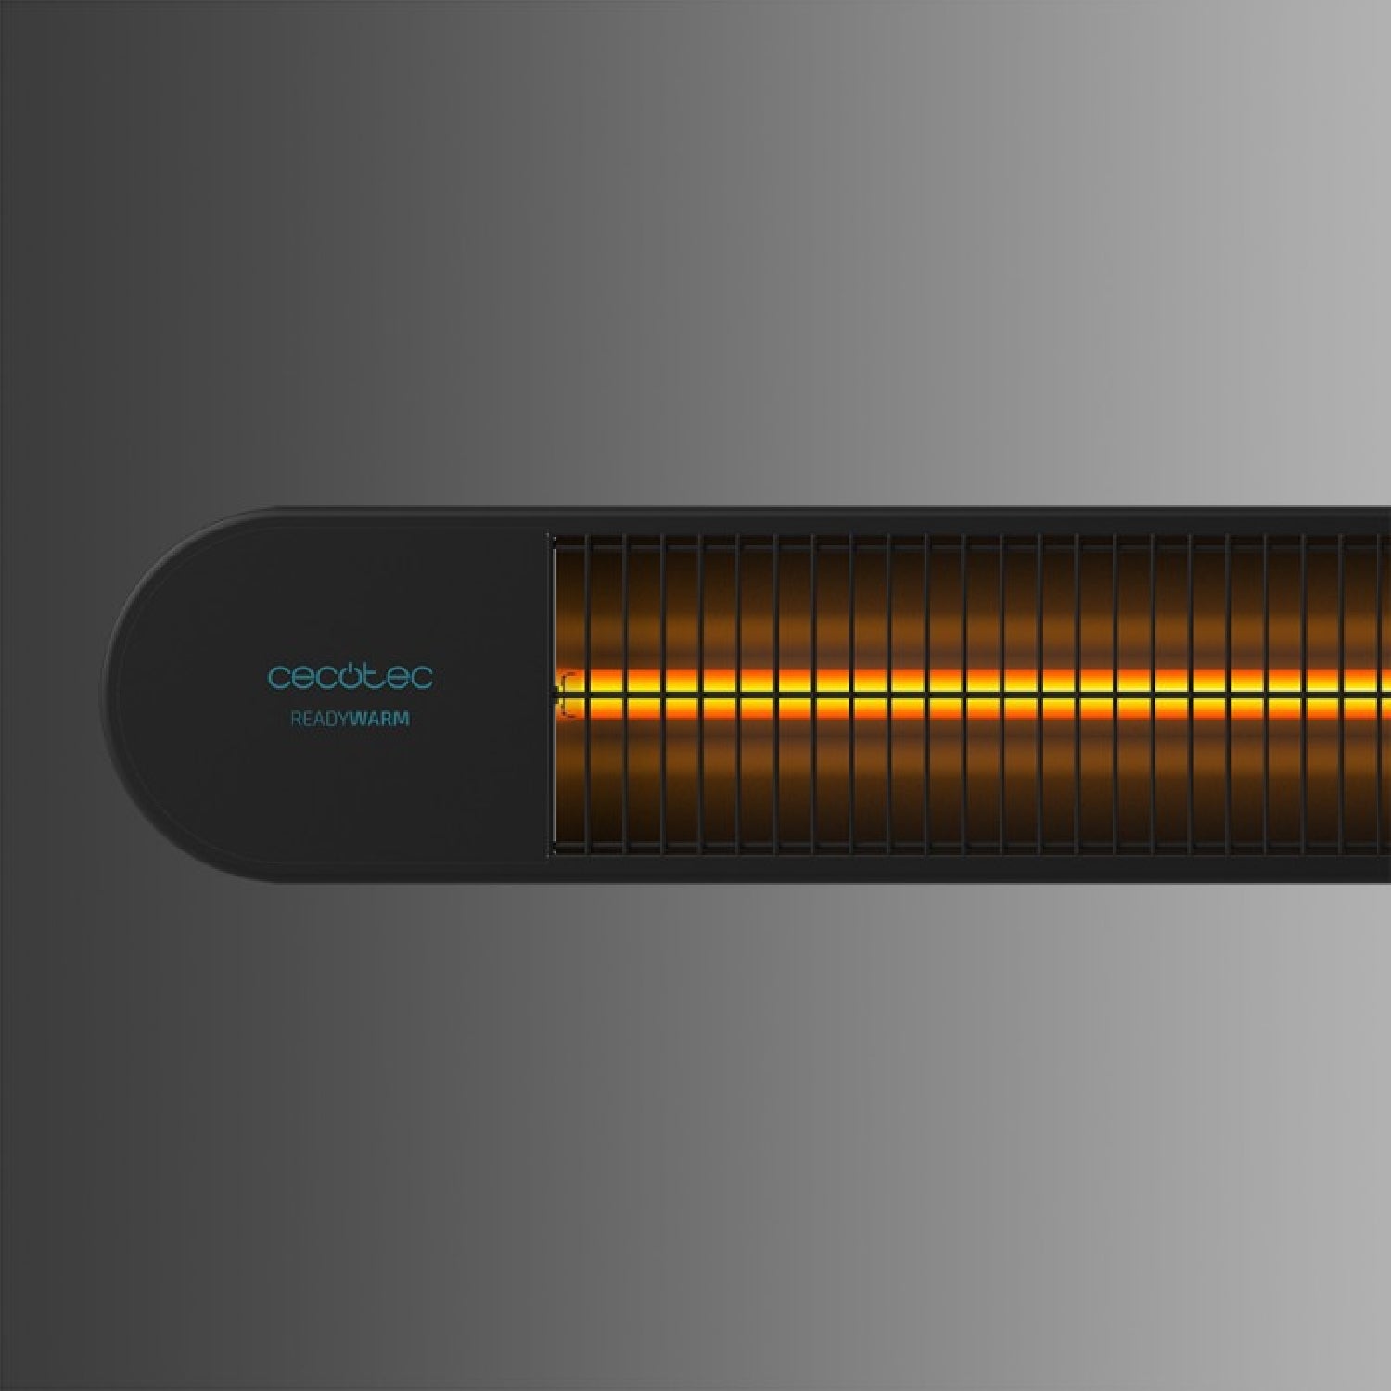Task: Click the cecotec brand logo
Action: click(x=350, y=675)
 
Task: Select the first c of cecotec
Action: click(x=278, y=678)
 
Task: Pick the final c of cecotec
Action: click(x=421, y=678)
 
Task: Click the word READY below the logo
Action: click(x=320, y=719)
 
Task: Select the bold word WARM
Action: click(x=380, y=719)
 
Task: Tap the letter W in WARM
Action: click(x=359, y=719)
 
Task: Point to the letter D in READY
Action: click(x=332, y=719)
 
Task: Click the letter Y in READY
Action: click(x=344, y=719)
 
